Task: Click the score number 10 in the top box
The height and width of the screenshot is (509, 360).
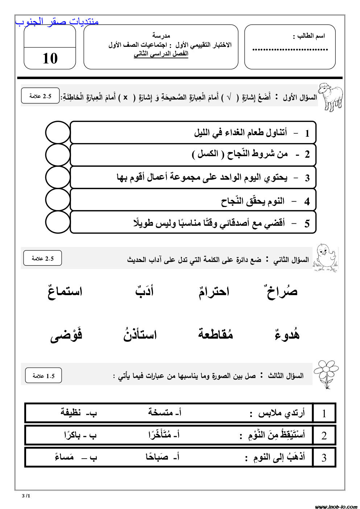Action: click(x=50, y=58)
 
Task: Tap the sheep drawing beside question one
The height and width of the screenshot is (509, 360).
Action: click(x=330, y=96)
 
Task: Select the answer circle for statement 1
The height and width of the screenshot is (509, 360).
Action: click(x=58, y=133)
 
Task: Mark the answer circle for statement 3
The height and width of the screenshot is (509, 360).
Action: click(x=58, y=177)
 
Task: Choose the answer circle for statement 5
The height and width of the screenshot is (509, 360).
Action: click(x=58, y=222)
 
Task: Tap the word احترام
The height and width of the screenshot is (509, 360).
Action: click(x=214, y=291)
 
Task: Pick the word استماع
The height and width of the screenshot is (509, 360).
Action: click(x=65, y=291)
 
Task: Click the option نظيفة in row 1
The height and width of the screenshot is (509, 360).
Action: click(x=75, y=413)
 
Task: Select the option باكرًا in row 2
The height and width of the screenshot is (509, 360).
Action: click(x=75, y=435)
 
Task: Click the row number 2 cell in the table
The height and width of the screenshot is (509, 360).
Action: click(x=324, y=435)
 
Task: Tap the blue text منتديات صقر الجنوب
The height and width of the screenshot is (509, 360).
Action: click(x=57, y=22)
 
